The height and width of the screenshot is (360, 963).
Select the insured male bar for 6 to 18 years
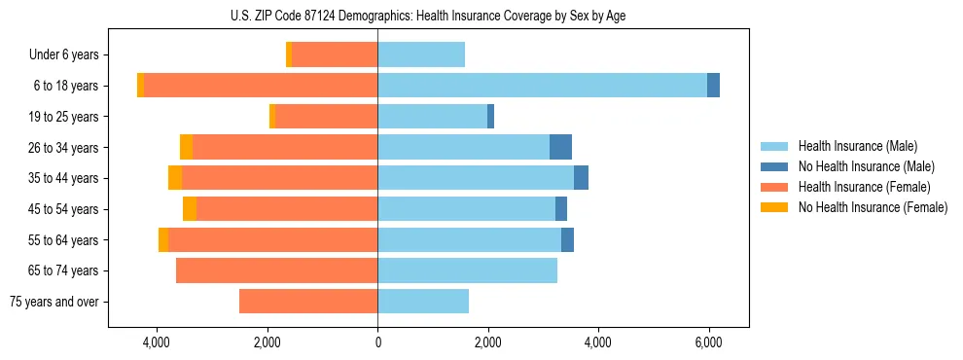coord(542,86)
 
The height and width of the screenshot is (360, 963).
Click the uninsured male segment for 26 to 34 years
coord(560,147)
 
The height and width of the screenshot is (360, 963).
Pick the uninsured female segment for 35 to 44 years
coord(175,178)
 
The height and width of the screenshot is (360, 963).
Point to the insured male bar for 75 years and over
coord(423,302)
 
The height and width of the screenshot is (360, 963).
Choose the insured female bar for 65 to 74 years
coord(276,270)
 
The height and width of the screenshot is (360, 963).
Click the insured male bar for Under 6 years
coord(421,54)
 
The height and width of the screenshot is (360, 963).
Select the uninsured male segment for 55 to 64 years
coord(567,239)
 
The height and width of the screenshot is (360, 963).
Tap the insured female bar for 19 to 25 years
coord(327,117)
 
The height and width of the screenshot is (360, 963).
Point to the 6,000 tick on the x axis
coord(708,342)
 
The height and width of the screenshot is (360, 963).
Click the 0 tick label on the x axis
coord(377,342)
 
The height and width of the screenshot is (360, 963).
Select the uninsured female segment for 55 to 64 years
coord(163,239)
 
